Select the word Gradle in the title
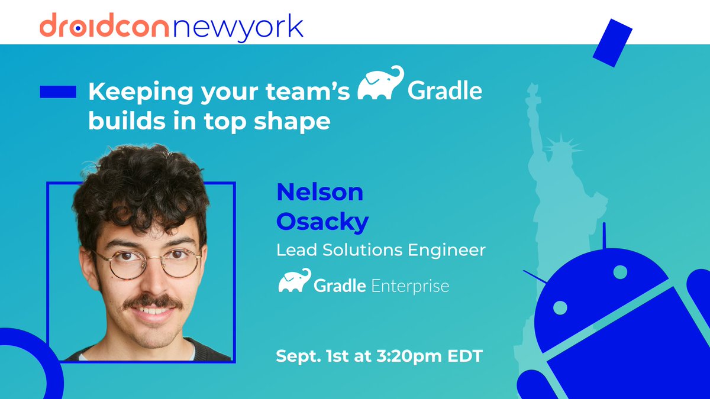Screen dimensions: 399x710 (x=445, y=92)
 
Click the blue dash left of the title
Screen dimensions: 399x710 (x=58, y=92)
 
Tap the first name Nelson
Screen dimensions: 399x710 (x=319, y=192)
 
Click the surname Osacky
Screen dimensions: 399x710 (x=322, y=222)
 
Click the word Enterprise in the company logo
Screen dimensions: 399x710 (x=410, y=287)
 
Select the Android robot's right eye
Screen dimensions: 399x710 (x=620, y=273)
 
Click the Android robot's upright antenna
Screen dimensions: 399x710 (x=604, y=236)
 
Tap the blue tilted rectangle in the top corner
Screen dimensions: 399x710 (x=612, y=43)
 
